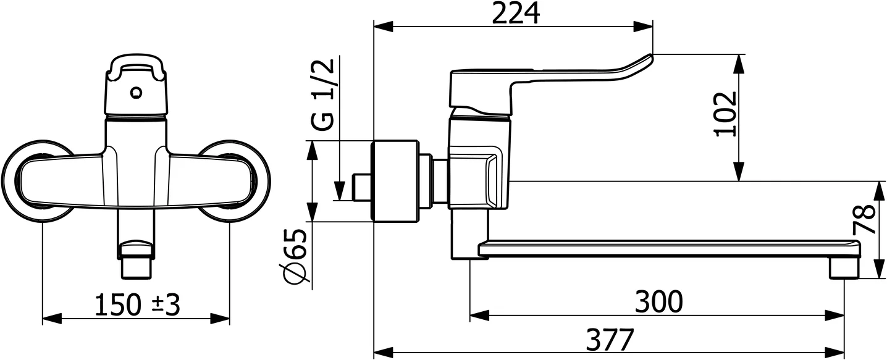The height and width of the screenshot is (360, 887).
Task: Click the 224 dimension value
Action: (x=515, y=13)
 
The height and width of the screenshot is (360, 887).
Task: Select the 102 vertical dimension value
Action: (x=725, y=114)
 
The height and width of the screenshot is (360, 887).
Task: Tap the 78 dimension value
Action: (x=867, y=220)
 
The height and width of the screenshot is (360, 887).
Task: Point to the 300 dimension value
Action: (x=659, y=302)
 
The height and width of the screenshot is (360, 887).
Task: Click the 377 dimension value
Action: (x=610, y=340)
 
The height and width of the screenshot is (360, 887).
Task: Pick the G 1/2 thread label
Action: (x=324, y=96)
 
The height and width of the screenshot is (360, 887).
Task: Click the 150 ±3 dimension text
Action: (x=137, y=305)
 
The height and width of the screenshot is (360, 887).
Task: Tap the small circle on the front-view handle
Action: (x=137, y=93)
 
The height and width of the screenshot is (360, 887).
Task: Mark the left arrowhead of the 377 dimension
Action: (x=384, y=353)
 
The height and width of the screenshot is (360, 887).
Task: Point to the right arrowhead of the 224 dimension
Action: (x=644, y=27)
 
